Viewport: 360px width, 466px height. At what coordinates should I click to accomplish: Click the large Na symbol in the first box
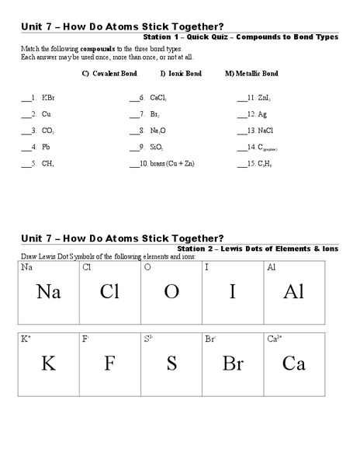(48, 292)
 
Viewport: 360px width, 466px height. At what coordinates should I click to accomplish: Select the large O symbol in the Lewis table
(171, 292)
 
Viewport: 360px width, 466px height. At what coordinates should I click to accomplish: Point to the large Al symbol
(293, 292)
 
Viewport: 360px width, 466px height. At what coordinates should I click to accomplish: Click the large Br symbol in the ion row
(233, 363)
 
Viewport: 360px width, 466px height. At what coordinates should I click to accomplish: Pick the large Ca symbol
(293, 363)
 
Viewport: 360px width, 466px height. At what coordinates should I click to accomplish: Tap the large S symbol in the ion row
(171, 363)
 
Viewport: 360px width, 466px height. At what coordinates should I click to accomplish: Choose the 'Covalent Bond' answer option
(114, 74)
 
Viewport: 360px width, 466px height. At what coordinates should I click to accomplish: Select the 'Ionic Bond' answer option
(185, 74)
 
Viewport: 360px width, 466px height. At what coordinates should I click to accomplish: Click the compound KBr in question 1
(48, 99)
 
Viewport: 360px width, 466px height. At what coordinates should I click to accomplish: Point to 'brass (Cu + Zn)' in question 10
(172, 164)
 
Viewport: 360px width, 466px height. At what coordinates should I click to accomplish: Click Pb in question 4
(46, 148)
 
